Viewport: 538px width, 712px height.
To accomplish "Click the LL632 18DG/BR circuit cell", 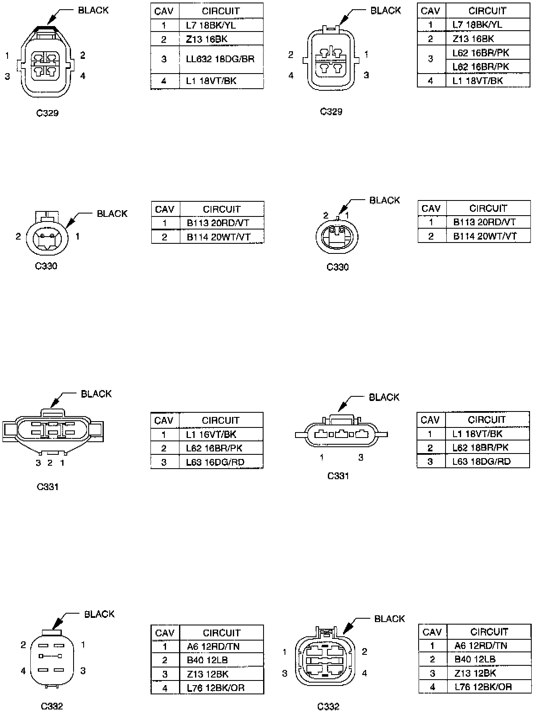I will click(221, 59).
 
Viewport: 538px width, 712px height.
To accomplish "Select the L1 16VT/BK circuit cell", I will click(221, 434).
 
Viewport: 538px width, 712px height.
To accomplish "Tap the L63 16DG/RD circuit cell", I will click(221, 462).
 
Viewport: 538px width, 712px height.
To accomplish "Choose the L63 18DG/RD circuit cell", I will click(487, 461).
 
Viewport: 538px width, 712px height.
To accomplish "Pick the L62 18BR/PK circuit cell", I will click(487, 448).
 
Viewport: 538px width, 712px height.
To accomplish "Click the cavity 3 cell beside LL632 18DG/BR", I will click(164, 59).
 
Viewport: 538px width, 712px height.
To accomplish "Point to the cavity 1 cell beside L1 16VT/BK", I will click(164, 434).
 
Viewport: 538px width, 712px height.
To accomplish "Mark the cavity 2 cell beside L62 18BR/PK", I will click(430, 448).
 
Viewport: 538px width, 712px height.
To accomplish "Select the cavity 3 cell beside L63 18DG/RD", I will click(430, 461).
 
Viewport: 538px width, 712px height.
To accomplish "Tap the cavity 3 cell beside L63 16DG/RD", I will click(164, 462).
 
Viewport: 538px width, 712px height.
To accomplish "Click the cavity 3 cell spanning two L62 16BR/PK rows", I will click(430, 59).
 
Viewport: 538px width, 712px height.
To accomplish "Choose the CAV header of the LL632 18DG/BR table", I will click(164, 11).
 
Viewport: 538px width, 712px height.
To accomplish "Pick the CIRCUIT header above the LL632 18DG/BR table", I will click(221, 11).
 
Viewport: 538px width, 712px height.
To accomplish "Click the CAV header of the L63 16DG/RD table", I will click(164, 420).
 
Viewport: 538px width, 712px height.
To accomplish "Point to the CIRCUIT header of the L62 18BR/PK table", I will click(487, 419).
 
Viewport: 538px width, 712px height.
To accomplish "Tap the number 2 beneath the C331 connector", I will click(50, 463).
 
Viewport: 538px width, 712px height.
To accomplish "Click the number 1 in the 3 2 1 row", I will click(62, 463).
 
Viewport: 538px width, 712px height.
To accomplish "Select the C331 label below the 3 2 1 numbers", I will click(47, 487).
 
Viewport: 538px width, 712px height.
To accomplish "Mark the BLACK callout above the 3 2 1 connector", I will click(96, 394).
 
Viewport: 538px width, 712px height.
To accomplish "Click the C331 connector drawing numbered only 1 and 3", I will click(341, 434).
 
